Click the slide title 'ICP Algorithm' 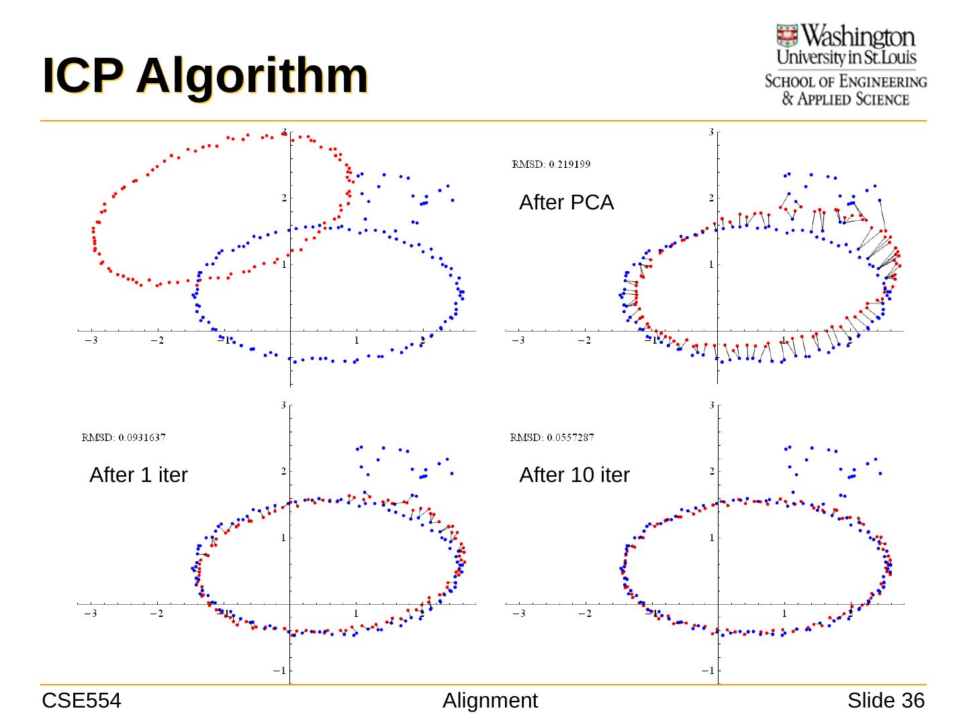click(205, 75)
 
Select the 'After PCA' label click(566, 202)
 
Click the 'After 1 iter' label click(138, 475)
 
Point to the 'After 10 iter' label click(574, 475)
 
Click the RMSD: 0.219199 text click(551, 164)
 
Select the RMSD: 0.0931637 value click(124, 438)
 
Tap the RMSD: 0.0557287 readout click(552, 438)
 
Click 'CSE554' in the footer click(81, 701)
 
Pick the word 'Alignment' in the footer click(490, 701)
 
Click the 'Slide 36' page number click(886, 701)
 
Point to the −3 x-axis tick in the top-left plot click(91, 340)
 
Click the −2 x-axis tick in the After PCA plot click(584, 340)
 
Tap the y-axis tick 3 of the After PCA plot click(711, 132)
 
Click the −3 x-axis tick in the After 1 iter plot click(91, 614)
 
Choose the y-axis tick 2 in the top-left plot click(284, 198)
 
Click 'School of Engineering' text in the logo click(845, 82)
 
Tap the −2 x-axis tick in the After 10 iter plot click(584, 614)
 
